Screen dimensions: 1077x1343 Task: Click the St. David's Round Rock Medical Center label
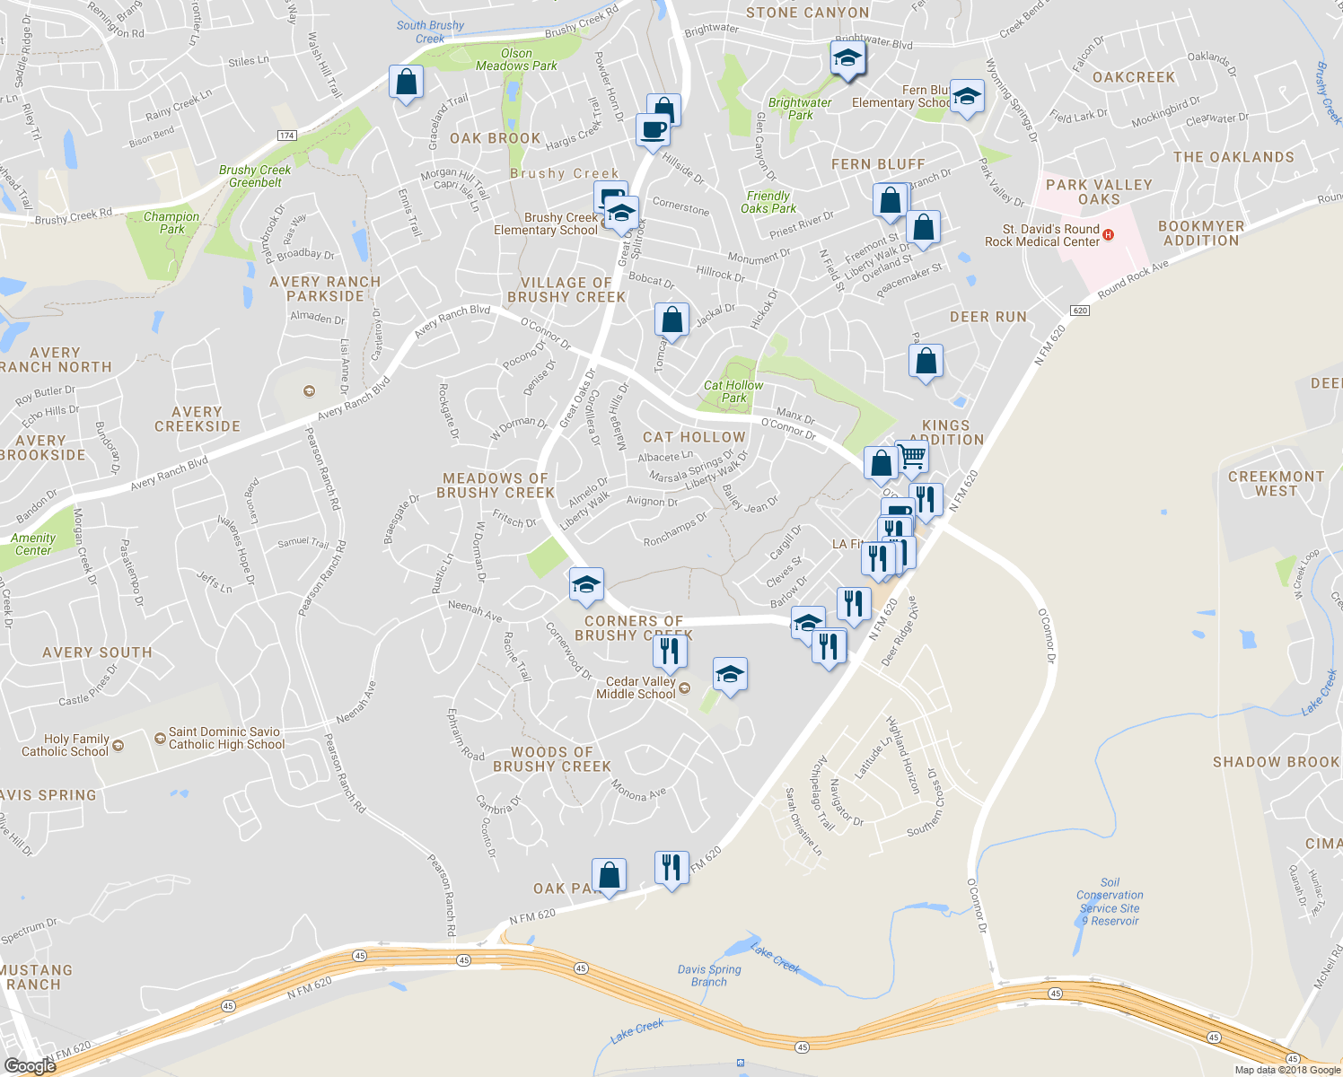click(x=1041, y=235)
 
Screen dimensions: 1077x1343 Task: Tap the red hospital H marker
click(x=1109, y=235)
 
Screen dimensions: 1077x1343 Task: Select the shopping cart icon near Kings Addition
click(x=912, y=456)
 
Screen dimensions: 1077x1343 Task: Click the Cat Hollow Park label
click(x=733, y=391)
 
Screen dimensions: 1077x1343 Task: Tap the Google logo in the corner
click(x=30, y=1065)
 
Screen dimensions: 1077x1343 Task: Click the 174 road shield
click(x=286, y=136)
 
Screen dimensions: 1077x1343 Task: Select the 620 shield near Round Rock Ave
click(x=1080, y=311)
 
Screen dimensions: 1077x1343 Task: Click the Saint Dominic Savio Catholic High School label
click(x=226, y=738)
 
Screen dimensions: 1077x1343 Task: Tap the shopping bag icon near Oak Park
click(x=609, y=874)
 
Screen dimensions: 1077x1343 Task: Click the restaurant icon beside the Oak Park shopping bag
click(x=671, y=867)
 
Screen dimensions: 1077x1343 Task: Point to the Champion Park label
click(x=171, y=223)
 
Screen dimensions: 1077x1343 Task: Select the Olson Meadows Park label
click(x=516, y=59)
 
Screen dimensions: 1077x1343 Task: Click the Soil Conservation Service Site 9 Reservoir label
click(x=1110, y=901)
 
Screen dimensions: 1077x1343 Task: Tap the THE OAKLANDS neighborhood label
click(x=1233, y=157)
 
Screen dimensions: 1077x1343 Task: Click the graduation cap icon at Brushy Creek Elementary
click(x=621, y=214)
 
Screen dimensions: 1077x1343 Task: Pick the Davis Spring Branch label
click(x=709, y=976)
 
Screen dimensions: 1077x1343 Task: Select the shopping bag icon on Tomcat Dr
click(x=671, y=320)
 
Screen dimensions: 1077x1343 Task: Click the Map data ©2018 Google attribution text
click(x=1287, y=1070)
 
